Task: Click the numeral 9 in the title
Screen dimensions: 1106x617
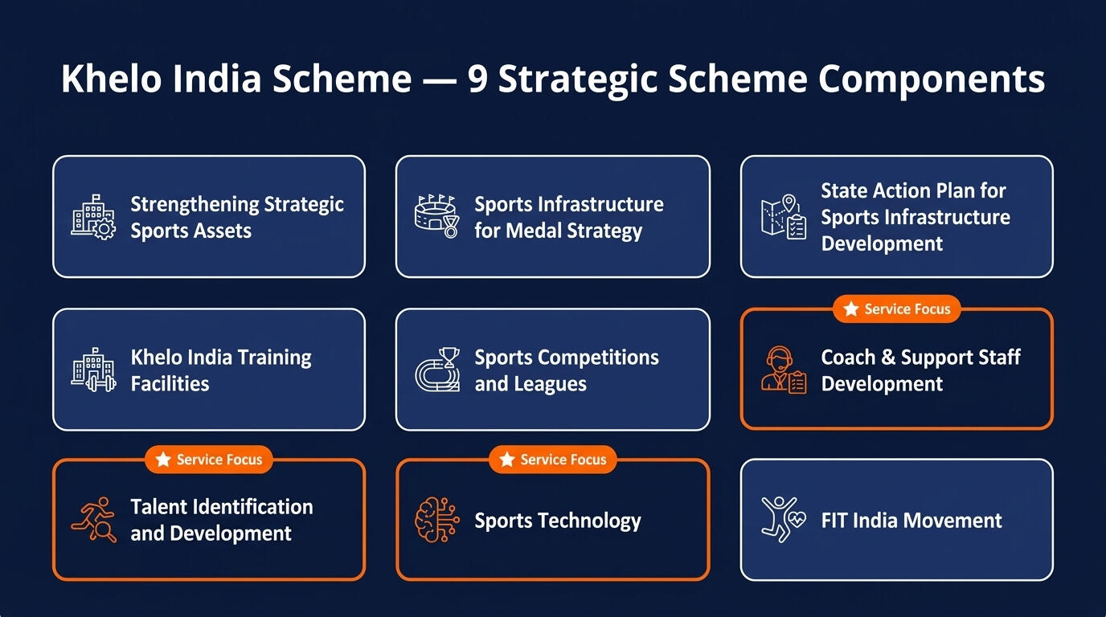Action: click(x=478, y=79)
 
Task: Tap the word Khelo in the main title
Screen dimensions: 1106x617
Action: click(x=111, y=78)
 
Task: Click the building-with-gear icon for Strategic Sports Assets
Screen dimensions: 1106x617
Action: click(x=93, y=217)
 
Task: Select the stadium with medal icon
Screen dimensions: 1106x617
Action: click(x=437, y=216)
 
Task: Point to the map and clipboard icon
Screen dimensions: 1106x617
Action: click(x=784, y=217)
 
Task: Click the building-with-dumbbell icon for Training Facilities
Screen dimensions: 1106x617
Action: click(x=93, y=370)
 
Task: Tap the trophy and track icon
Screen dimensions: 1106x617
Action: click(x=437, y=370)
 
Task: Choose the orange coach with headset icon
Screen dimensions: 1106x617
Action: click(x=784, y=370)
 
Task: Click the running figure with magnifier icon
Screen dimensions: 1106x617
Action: click(x=94, y=520)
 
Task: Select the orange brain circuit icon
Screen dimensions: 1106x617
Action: click(x=437, y=520)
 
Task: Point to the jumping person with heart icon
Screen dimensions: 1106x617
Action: click(x=784, y=520)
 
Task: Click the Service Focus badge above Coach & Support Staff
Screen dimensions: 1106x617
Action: click(x=897, y=309)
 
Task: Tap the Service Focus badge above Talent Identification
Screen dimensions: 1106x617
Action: click(x=209, y=460)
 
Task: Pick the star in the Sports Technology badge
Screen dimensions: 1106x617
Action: click(x=507, y=460)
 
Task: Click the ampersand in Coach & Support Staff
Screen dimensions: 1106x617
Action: click(x=887, y=357)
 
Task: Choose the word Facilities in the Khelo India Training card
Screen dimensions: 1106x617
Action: click(x=170, y=383)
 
